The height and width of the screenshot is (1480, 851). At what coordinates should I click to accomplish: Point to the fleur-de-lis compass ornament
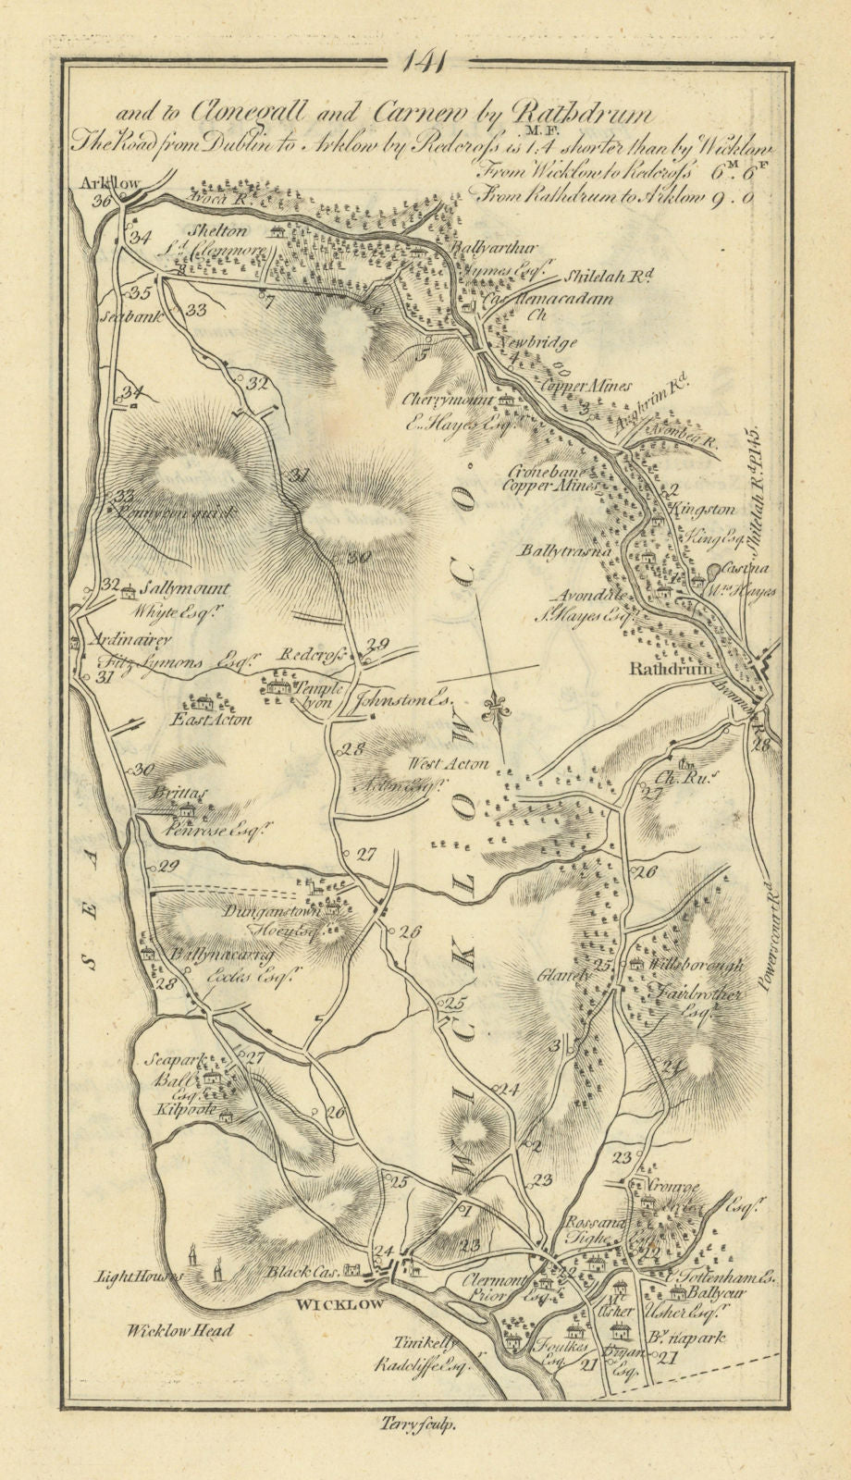tap(500, 700)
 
